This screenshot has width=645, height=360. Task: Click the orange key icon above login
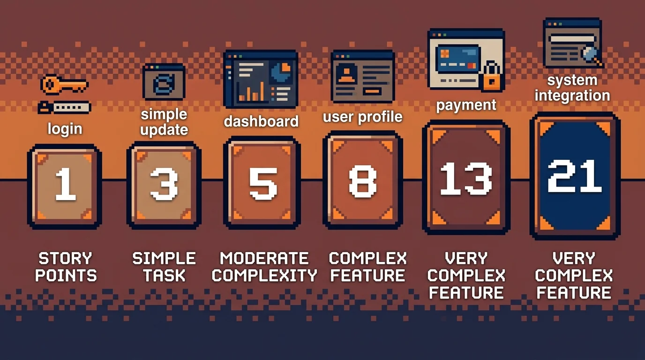coord(64,85)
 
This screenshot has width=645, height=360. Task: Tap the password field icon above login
coord(65,108)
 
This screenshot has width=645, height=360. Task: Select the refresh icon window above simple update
coord(164,82)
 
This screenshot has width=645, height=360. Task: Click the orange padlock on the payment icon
coord(492,77)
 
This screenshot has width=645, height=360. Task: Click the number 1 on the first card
coord(65,184)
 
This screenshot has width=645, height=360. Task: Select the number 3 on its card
coord(164,184)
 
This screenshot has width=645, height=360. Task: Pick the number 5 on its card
coord(263,183)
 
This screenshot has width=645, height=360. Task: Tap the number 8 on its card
coord(362,181)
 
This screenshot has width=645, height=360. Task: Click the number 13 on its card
coord(466,179)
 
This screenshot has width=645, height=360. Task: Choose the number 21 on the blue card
coord(575,176)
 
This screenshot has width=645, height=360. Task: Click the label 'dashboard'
coord(261,121)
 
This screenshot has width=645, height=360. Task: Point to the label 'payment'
coord(466,105)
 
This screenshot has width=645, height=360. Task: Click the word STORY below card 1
coord(65,258)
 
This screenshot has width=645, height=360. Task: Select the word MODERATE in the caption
coord(264,258)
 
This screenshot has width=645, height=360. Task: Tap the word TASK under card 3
coord(164,275)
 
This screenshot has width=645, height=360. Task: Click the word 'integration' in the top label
coord(572,96)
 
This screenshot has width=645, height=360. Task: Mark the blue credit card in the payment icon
coord(457,59)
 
